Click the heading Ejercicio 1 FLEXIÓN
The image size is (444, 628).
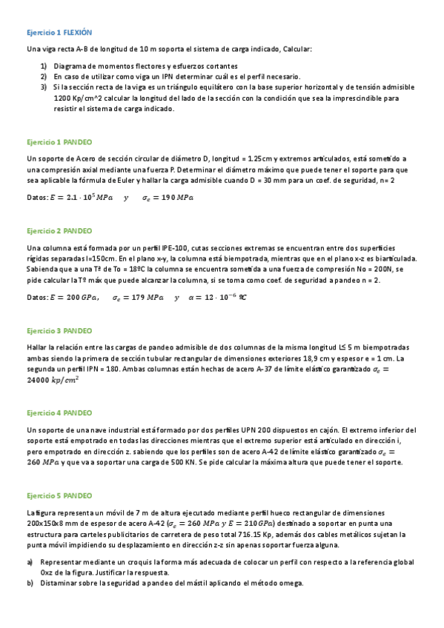[59, 33]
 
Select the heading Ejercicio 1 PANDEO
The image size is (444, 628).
[59, 141]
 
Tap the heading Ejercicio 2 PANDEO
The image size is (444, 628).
[59, 230]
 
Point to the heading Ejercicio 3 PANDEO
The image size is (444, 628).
[59, 330]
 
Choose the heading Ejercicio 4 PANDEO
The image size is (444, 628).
[59, 412]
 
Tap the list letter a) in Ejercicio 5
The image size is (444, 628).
[30, 561]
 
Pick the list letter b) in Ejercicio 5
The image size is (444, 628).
[30, 583]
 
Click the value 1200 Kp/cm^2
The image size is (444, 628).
[78, 98]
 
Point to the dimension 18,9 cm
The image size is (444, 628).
[331, 358]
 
